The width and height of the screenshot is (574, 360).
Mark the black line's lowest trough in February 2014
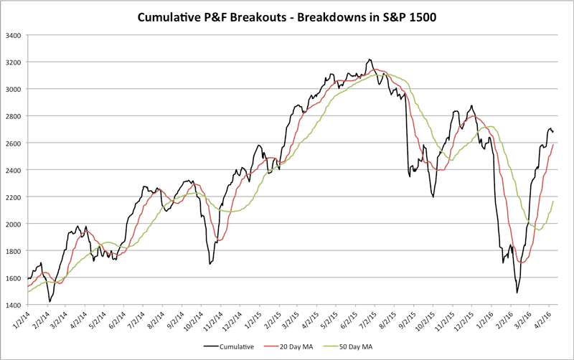[50, 301]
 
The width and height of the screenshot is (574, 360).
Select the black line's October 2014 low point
[210, 264]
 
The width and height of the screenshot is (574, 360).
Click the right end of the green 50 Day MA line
[553, 202]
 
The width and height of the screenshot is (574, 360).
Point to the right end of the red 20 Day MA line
[553, 146]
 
